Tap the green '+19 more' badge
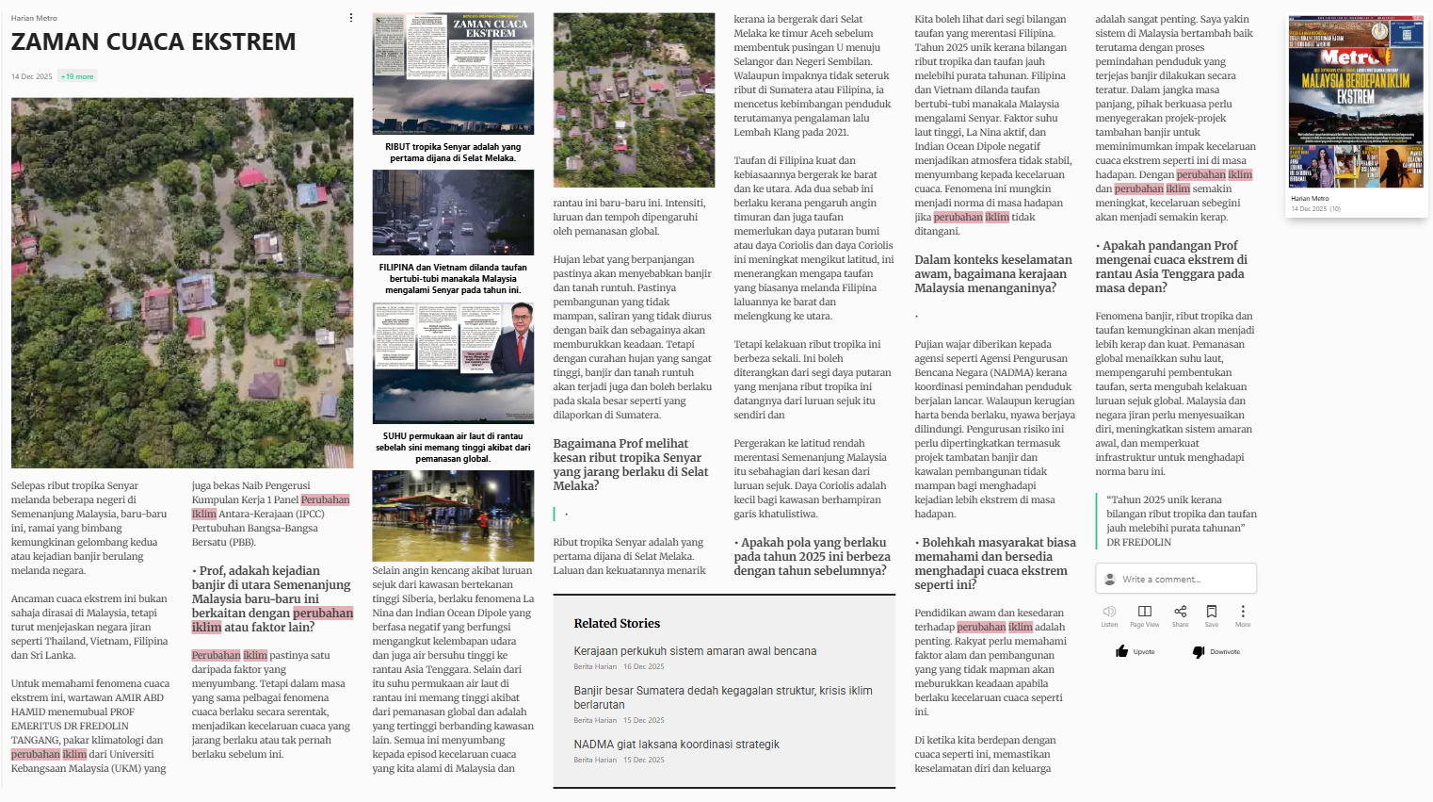[x=77, y=76]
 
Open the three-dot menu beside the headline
[x=351, y=18]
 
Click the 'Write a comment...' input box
[x=1176, y=579]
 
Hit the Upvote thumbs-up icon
[x=1122, y=651]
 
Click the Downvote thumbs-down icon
[x=1199, y=651]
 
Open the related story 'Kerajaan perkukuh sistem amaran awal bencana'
[x=695, y=651]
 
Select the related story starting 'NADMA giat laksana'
[x=676, y=745]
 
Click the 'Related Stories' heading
[x=617, y=624]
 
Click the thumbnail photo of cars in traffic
[x=453, y=213]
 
